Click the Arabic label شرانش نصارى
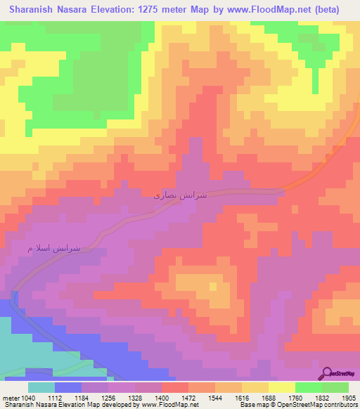click(180, 195)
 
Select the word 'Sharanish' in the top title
click(31, 10)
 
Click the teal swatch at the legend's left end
click(41, 387)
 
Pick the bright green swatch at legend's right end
click(335, 387)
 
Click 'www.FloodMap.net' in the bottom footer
click(172, 405)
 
